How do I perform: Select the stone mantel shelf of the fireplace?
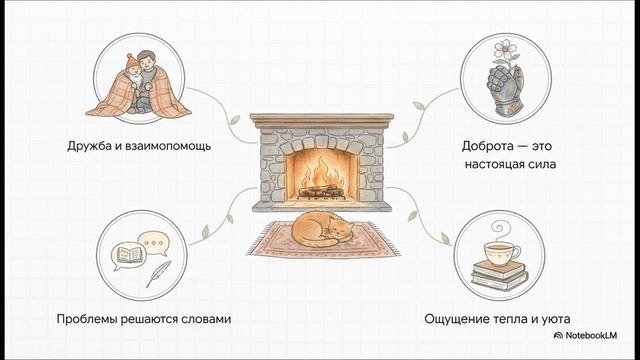[x=320, y=121]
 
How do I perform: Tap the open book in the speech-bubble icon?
[x=128, y=257]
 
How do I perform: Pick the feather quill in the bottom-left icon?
[x=158, y=269]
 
